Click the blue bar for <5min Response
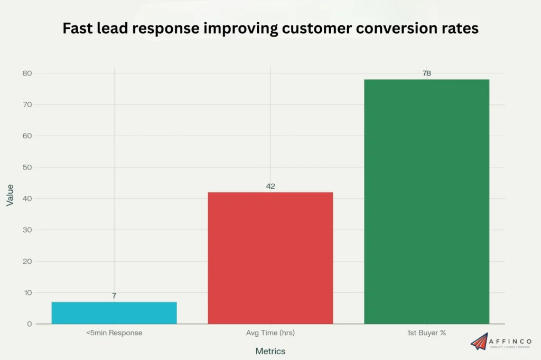[x=114, y=312]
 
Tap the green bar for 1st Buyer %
[x=426, y=201]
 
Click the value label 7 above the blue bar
[x=114, y=296]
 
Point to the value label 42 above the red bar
[x=270, y=186]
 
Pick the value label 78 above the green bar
[x=426, y=73]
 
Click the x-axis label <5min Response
[x=114, y=333]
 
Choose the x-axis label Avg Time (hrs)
[x=270, y=333]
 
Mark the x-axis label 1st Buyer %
[x=426, y=333]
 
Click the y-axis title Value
[x=10, y=195]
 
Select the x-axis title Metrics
[x=270, y=351]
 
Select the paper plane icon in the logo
[x=480, y=342]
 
